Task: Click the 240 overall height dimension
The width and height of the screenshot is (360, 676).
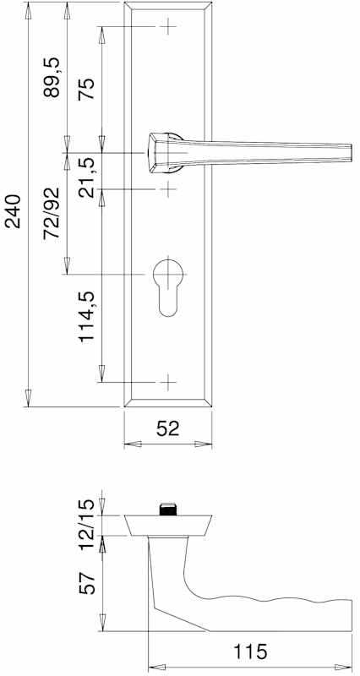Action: click(x=13, y=211)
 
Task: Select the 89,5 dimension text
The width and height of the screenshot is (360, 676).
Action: click(x=52, y=77)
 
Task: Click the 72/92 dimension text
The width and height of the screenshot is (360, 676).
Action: click(x=52, y=214)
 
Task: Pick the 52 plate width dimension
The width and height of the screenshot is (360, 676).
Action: click(x=167, y=428)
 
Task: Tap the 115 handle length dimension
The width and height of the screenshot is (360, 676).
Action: click(x=250, y=651)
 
